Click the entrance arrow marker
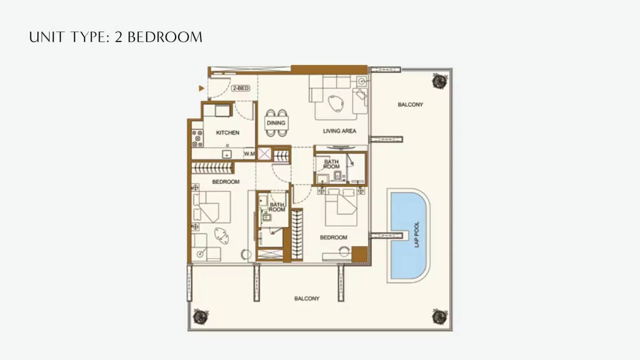click(201, 88)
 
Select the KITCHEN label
click(228, 133)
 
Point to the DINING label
click(276, 123)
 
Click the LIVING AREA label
click(339, 131)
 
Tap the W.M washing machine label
click(249, 154)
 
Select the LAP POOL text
click(417, 234)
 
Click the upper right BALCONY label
click(410, 105)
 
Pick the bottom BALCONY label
click(307, 299)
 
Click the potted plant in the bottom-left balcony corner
click(200, 316)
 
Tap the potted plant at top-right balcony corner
click(439, 81)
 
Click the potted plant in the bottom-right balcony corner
click(439, 315)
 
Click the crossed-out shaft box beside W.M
click(264, 154)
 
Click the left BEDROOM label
click(226, 182)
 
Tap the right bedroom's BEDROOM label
click(333, 237)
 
